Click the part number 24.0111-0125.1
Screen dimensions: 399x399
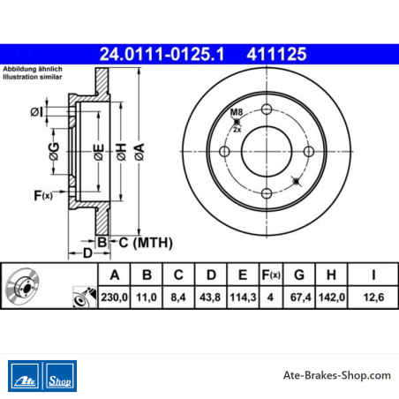[162, 55]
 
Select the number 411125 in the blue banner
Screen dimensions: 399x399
[276, 55]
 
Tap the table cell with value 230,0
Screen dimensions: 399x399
[114, 297]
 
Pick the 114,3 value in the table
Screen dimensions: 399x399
[243, 297]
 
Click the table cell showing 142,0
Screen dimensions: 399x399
[332, 297]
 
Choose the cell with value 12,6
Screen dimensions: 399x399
[373, 297]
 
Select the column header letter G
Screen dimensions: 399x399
[299, 275]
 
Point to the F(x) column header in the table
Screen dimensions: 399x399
[271, 275]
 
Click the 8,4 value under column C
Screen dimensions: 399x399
[178, 297]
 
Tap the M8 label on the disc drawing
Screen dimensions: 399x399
[237, 112]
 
